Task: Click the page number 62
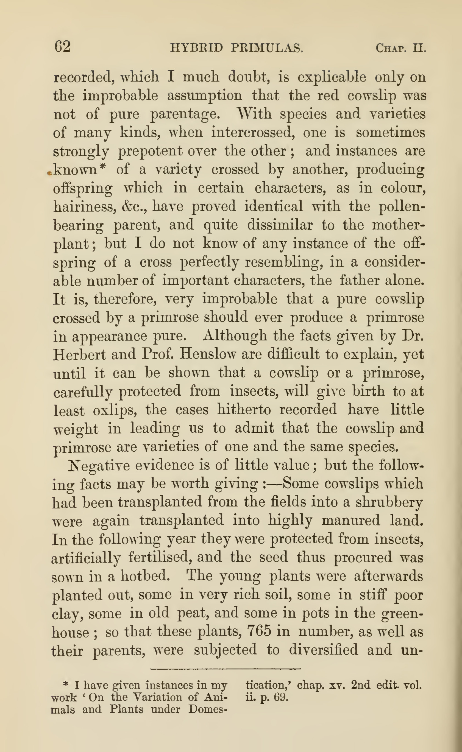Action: [63, 47]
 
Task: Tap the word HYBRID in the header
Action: [196, 48]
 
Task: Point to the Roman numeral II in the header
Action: [419, 48]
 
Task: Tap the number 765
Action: [259, 631]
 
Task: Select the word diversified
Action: [323, 650]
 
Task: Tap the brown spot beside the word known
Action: [49, 174]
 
